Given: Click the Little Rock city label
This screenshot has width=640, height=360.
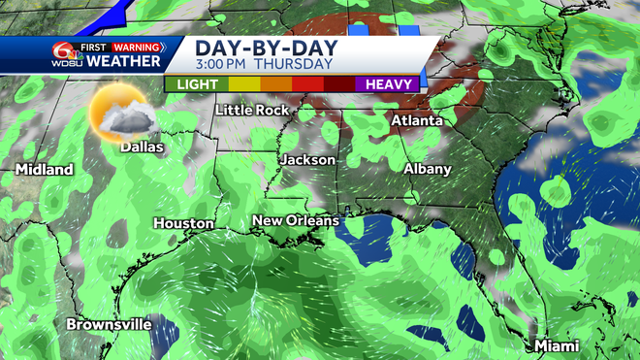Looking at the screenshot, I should [x=251, y=110].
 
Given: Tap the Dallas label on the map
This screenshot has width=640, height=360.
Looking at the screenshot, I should [x=142, y=148].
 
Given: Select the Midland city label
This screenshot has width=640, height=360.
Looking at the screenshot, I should [x=44, y=170].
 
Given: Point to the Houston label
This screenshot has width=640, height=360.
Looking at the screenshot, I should [x=183, y=223].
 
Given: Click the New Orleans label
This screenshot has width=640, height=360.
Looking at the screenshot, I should [x=295, y=221].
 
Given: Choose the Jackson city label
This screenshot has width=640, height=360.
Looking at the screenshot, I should [x=307, y=159].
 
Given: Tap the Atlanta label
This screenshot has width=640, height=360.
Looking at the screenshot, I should [x=416, y=121].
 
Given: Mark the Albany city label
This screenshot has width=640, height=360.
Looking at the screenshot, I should [x=427, y=169].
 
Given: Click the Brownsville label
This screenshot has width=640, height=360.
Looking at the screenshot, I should [x=109, y=324].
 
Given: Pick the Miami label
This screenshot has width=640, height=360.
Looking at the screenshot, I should [x=556, y=346].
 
